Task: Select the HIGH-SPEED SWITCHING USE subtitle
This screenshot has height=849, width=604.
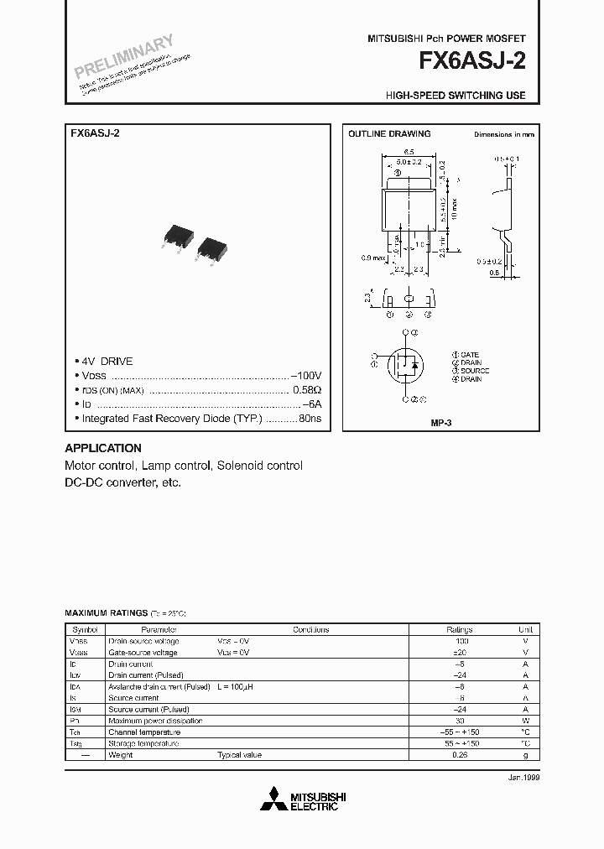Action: tap(456, 96)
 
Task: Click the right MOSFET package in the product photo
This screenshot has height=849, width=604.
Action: tap(211, 245)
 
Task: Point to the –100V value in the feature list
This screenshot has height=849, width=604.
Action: tap(306, 376)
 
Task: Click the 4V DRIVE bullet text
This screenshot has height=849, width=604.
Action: tap(107, 362)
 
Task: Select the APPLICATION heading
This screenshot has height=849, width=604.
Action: tap(103, 448)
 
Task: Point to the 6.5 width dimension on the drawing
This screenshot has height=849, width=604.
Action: tap(408, 150)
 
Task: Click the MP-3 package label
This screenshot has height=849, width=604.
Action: tap(440, 424)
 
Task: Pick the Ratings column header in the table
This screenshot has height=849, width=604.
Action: tap(459, 629)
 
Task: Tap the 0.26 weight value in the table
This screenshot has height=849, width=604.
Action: tap(459, 754)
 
